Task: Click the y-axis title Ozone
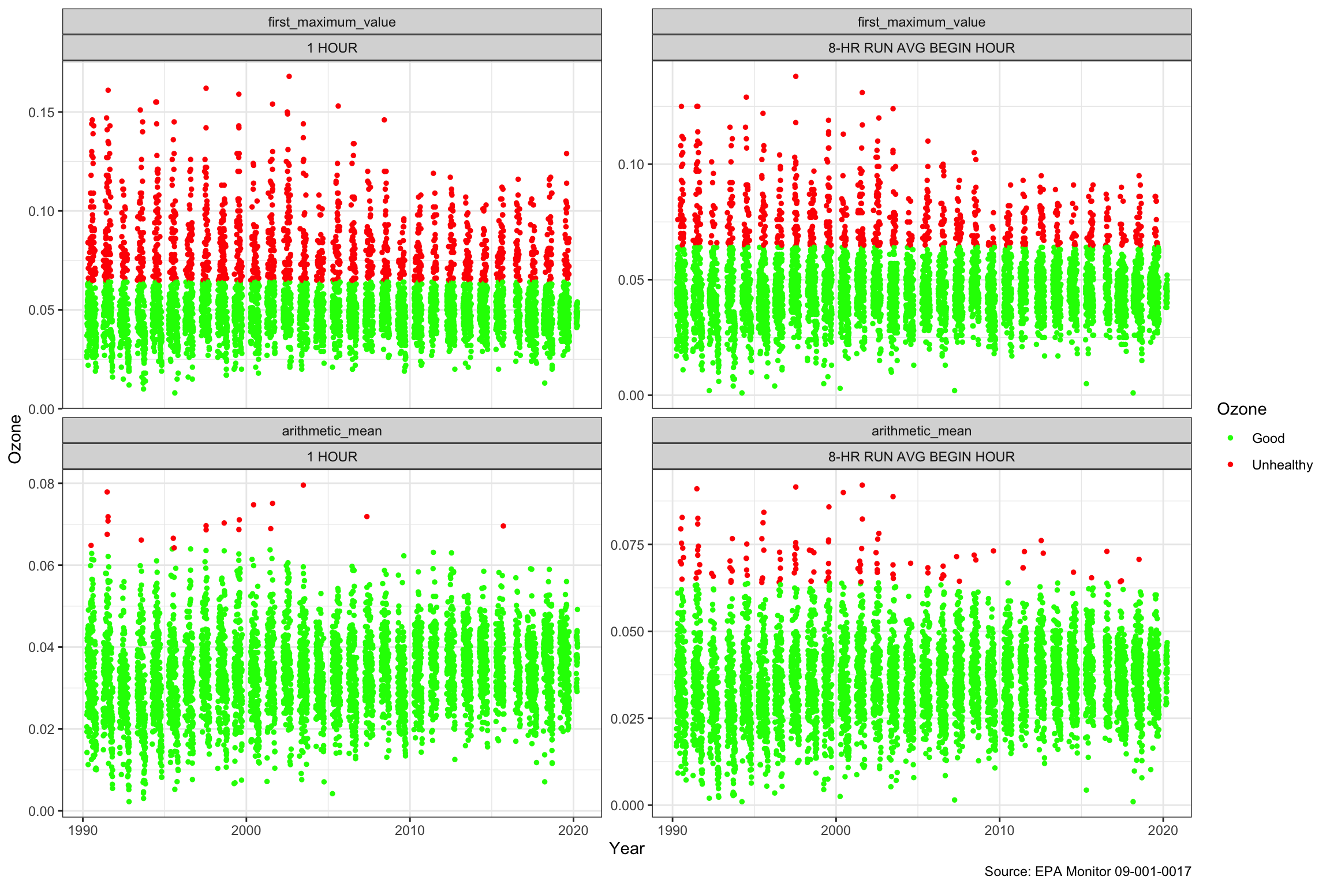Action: tap(15, 439)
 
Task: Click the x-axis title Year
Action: tap(626, 848)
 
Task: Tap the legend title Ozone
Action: tap(1241, 409)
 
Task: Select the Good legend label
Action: tap(1268, 438)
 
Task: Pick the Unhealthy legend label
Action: tap(1282, 465)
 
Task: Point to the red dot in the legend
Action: tap(1230, 465)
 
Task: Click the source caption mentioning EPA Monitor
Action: tap(1088, 871)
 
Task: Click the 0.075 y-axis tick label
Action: tap(627, 545)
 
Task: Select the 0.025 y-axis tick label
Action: tap(627, 718)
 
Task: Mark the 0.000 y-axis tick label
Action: tap(627, 805)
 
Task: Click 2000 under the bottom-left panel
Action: tap(246, 830)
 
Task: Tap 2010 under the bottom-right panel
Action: tap(999, 830)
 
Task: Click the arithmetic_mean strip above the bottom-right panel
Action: tap(921, 431)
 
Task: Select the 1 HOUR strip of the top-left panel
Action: tap(332, 48)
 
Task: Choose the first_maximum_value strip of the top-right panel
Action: tap(921, 22)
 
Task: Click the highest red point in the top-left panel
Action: tap(289, 76)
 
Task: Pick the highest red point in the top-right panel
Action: tap(795, 76)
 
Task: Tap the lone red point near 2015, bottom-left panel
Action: tap(503, 526)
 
